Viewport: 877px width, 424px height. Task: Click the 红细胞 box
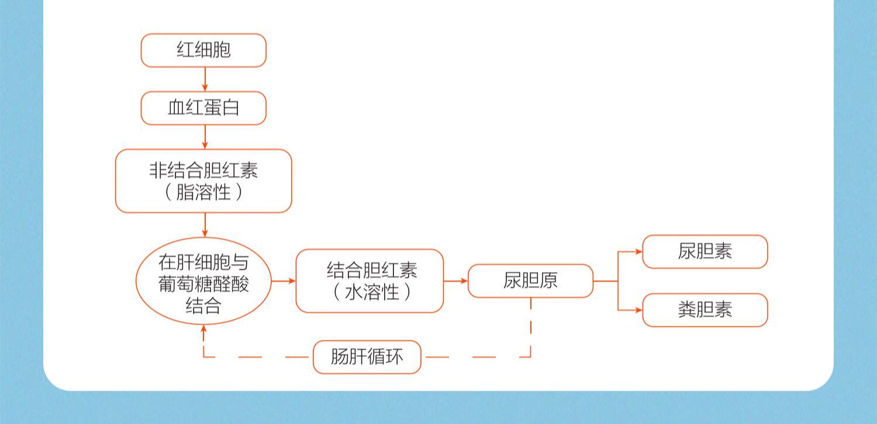click(203, 50)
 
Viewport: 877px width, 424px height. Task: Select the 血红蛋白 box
click(203, 108)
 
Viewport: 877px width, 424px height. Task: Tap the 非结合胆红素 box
click(203, 171)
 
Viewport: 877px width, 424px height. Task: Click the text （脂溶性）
click(203, 192)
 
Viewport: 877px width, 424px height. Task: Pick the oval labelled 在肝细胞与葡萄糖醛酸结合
click(203, 281)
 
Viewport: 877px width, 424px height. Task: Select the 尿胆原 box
click(530, 281)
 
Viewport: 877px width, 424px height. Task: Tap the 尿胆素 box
click(705, 252)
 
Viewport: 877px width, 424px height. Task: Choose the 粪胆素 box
click(705, 310)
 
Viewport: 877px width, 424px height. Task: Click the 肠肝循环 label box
click(367, 357)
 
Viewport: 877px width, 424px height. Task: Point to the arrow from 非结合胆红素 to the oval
click(205, 225)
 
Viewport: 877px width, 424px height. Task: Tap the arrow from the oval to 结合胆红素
click(284, 281)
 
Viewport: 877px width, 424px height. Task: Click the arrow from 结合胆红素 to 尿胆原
click(456, 281)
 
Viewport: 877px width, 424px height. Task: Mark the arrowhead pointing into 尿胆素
click(638, 252)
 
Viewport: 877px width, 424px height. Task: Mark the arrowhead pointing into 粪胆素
click(638, 310)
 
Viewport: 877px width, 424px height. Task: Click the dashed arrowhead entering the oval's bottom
click(203, 331)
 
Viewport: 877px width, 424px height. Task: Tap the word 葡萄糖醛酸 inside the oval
click(203, 284)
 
